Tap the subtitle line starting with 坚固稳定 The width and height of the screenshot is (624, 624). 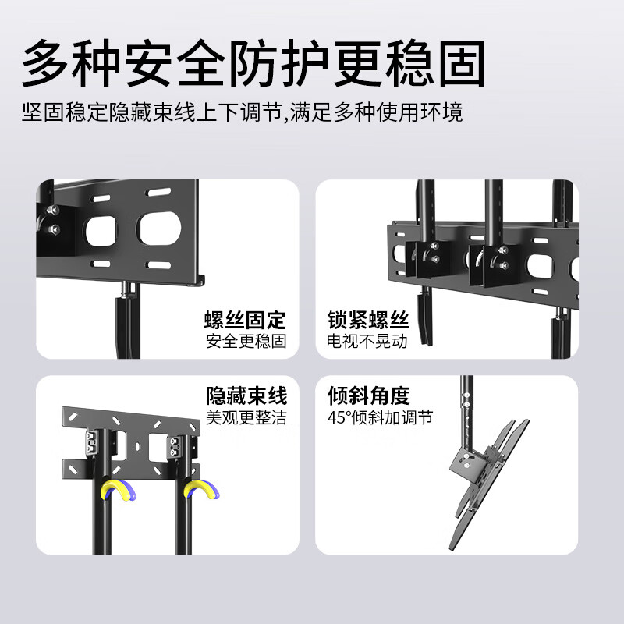[242, 112]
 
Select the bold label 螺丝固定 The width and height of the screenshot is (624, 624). [246, 320]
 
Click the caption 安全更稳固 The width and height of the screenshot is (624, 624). [246, 341]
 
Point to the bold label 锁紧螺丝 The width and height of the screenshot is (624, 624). [368, 320]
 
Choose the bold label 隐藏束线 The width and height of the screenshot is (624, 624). [246, 395]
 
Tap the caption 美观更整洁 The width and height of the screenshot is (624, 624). [246, 417]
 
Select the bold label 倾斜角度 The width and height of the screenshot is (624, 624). [368, 395]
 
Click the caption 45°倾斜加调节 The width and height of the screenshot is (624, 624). [380, 417]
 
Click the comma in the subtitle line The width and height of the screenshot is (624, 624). [285, 117]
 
